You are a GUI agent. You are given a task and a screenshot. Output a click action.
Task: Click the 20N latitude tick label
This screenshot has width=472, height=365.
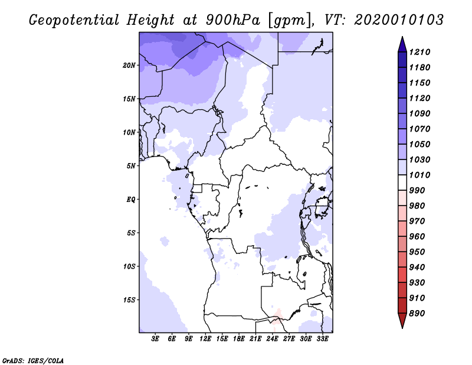coord(129,66)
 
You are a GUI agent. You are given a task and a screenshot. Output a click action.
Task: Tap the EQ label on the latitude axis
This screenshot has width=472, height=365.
coord(131,200)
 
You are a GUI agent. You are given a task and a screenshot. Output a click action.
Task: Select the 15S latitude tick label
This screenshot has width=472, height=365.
coord(129,300)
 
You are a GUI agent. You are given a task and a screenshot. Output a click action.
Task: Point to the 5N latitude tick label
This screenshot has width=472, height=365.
coord(131,166)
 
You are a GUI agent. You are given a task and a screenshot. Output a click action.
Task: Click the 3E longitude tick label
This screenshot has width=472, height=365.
coord(155,339)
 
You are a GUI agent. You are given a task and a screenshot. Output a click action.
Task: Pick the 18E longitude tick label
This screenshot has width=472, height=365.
coord(239,339)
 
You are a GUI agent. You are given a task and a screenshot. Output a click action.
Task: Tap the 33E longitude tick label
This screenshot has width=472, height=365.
coord(322,339)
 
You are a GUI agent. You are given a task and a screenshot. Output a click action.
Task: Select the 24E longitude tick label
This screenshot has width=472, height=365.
coord(272,339)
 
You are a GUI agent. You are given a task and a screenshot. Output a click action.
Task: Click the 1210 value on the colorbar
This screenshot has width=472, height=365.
coord(419,52)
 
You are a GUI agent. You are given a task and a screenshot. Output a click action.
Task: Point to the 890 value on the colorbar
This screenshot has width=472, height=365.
coord(417,314)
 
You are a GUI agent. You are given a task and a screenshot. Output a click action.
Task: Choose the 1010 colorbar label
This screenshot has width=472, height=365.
coord(419,175)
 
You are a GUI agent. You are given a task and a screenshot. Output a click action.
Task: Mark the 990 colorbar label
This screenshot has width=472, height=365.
coord(417,191)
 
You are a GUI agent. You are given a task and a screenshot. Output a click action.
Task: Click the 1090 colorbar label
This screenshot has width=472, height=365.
coord(419,113)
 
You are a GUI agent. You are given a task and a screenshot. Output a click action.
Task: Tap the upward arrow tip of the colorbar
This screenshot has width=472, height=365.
coord(402,37)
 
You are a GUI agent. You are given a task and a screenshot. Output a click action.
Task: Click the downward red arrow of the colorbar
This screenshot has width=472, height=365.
coord(402,321)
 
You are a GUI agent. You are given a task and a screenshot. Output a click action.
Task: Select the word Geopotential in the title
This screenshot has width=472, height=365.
coord(74,21)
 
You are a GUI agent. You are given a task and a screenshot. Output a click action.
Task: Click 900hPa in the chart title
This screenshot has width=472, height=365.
coord(233,20)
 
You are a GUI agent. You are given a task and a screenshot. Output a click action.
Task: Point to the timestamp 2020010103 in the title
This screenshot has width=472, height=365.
coord(399,20)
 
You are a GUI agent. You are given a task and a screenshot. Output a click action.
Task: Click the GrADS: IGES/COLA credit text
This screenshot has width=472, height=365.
coord(33,361)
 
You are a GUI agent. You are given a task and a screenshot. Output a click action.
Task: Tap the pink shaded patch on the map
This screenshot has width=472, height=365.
coord(277,317)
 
